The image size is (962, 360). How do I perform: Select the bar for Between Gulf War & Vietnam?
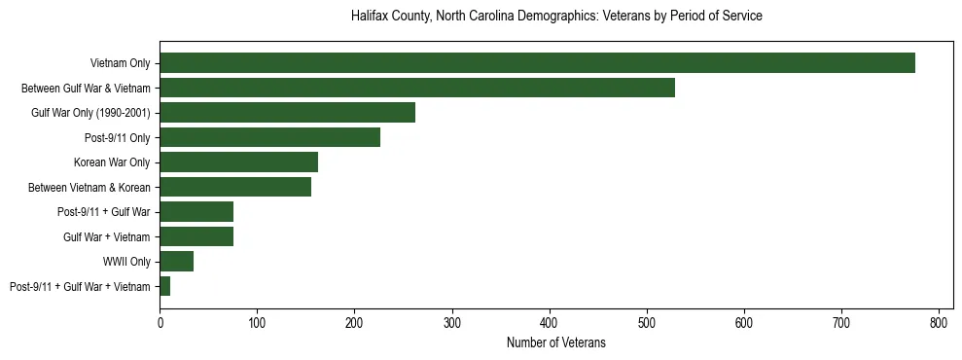(x=417, y=88)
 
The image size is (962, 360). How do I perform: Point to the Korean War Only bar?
(x=238, y=162)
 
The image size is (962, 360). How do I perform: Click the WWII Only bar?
(x=176, y=262)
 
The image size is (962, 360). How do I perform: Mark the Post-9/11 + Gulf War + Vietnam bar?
(x=164, y=286)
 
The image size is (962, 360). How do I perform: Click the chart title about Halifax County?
(x=555, y=17)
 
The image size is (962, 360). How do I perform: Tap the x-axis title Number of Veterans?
(x=555, y=342)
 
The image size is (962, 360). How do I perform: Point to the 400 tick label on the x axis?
(x=550, y=320)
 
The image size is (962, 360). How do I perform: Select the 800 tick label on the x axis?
(x=939, y=320)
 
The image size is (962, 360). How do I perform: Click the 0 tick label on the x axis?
(x=160, y=320)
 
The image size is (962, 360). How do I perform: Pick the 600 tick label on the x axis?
(x=744, y=320)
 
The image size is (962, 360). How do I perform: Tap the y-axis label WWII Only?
(x=126, y=262)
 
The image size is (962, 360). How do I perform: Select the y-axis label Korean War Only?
(x=112, y=162)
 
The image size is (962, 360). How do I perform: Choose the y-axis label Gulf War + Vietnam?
(x=106, y=236)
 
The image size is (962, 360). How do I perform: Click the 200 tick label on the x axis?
(x=354, y=320)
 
